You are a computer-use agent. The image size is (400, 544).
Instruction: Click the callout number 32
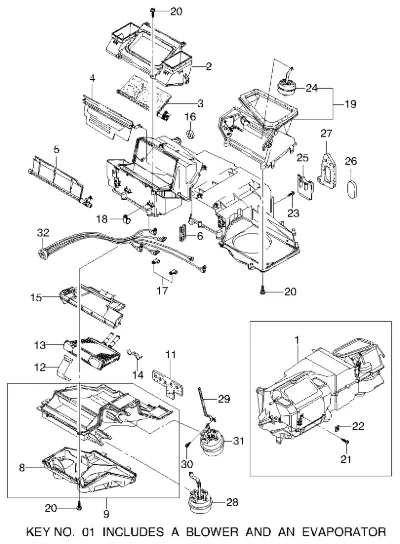pyautogui.click(x=43, y=233)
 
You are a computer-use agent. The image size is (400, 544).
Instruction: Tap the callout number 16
pyautogui.click(x=190, y=117)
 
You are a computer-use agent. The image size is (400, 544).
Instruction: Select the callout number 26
pyautogui.click(x=351, y=161)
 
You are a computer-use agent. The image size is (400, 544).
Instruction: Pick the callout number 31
pyautogui.click(x=239, y=441)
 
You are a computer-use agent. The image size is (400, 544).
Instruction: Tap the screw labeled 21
pyautogui.click(x=346, y=441)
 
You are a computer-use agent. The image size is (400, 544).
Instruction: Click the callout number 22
pyautogui.click(x=358, y=426)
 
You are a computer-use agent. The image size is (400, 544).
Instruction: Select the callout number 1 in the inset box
pyautogui.click(x=297, y=340)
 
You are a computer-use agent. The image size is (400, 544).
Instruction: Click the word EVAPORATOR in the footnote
pyautogui.click(x=344, y=532)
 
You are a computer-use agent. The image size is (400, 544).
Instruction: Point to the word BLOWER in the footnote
pyautogui.click(x=213, y=532)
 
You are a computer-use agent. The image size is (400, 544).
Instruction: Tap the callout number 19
pyautogui.click(x=350, y=104)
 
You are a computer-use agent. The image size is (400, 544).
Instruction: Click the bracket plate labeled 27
pyautogui.click(x=327, y=171)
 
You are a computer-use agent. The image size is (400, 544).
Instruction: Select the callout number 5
pyautogui.click(x=57, y=150)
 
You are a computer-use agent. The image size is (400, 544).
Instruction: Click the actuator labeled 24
pyautogui.click(x=287, y=85)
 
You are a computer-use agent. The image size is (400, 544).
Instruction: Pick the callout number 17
pyautogui.click(x=162, y=290)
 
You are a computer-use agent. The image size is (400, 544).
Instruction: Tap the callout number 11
pyautogui.click(x=171, y=355)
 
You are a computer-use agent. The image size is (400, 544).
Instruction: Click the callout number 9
pyautogui.click(x=106, y=513)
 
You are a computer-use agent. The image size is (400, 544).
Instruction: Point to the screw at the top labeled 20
pyautogui.click(x=153, y=12)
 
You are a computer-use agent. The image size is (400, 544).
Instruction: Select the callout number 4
pyautogui.click(x=92, y=78)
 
